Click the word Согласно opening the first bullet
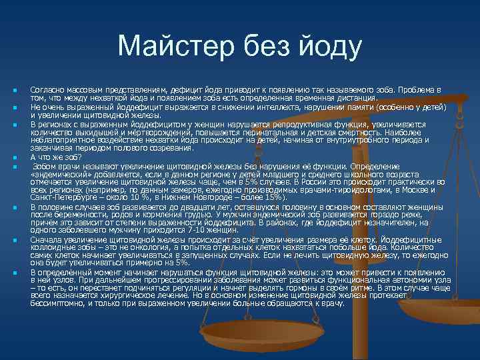pyautogui.click(x=46, y=89)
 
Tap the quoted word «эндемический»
pyautogui.click(x=59, y=172)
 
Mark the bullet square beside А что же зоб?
pyautogui.click(x=14, y=158)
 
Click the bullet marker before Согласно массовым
pyautogui.click(x=14, y=89)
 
